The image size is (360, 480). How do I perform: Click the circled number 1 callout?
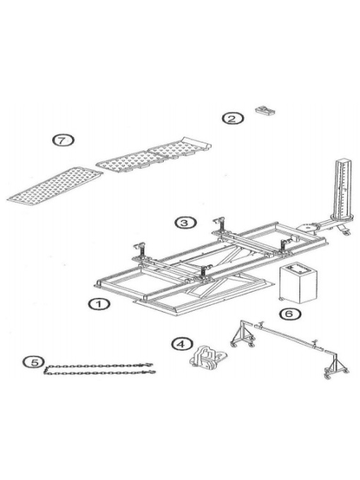point(99,305)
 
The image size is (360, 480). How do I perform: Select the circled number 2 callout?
point(233,118)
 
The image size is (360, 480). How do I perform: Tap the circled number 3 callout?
point(186,223)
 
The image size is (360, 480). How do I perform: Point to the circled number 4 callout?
point(182,344)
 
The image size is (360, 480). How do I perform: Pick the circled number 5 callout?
point(34,362)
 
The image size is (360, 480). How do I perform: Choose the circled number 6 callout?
point(290,314)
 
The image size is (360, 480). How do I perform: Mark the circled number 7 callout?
point(63,140)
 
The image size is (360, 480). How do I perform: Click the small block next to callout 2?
point(265,110)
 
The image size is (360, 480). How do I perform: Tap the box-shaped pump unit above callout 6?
point(298,282)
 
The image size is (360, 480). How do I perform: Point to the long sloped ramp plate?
point(54,187)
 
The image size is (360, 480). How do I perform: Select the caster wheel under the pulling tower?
point(346,233)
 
